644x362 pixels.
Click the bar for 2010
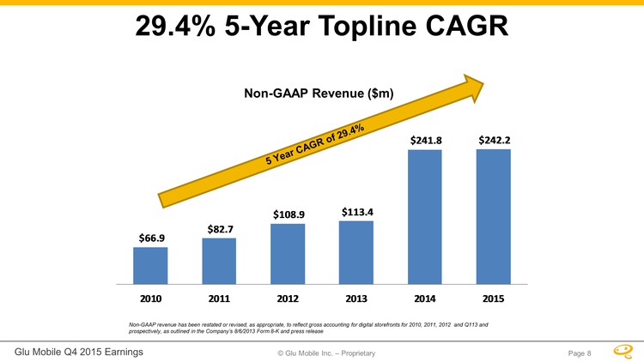coord(150,265)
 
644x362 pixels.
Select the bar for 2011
coord(219,260)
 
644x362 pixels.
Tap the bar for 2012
coord(288,253)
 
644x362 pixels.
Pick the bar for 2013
coord(356,251)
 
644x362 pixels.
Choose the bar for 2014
coord(425,216)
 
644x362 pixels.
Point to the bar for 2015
coord(494,216)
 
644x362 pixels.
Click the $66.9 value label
coord(150,237)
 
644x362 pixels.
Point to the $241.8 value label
coord(425,139)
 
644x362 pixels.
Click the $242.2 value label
coord(495,139)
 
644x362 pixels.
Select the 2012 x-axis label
coord(288,299)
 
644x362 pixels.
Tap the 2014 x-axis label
coord(425,299)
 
